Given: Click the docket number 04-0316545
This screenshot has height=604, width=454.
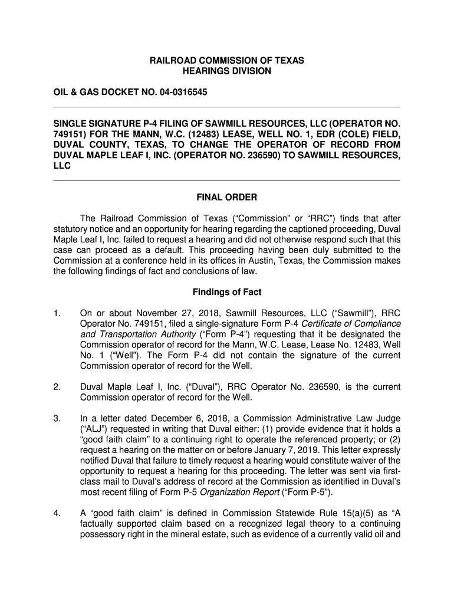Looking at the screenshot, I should [x=183, y=94].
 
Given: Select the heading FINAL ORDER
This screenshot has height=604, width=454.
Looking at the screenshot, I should [x=227, y=197].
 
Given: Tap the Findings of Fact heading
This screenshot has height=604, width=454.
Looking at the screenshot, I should [x=227, y=292].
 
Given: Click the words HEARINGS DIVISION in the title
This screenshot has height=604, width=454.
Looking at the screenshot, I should [x=227, y=71].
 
